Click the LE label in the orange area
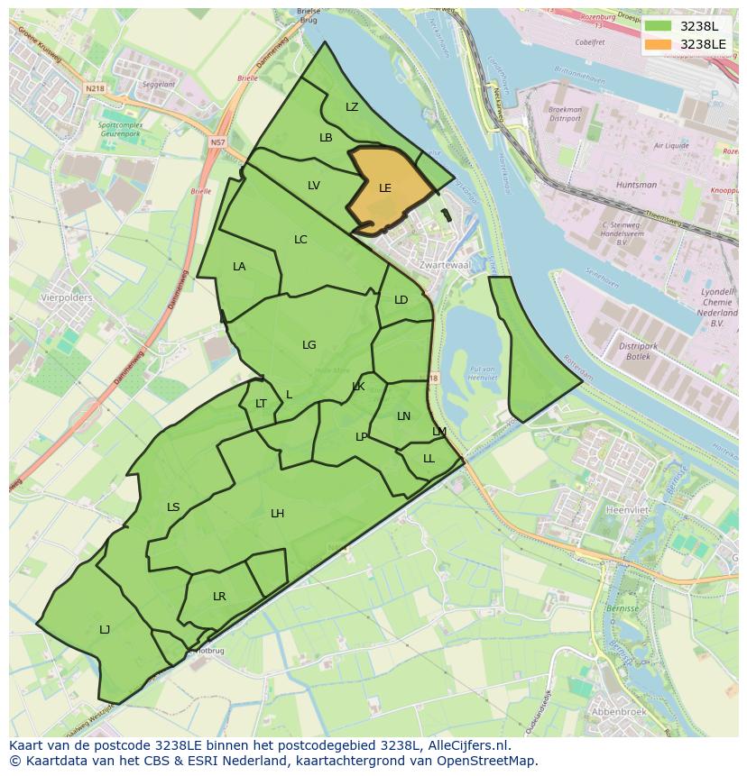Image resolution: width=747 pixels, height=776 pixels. coord(385,188)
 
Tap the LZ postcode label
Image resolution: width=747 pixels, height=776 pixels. coord(352,107)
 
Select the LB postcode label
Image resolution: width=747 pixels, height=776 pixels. coord(326,138)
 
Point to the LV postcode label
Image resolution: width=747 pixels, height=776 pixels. coord(313,186)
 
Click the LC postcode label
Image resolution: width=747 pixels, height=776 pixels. coord(300,240)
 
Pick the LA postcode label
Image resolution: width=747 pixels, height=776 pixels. coord(239,267)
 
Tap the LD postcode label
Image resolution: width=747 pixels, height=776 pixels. coord(401,300)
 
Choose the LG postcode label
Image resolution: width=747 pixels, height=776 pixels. coord(309,345)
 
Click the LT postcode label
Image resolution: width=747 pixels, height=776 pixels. coord(261,404)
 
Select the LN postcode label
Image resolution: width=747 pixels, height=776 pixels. coord(403,416)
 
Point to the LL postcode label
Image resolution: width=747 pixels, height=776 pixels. coord(429,459)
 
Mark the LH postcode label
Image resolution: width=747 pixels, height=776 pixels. coord(277,514)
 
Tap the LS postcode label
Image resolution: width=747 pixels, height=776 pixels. coord(173,507)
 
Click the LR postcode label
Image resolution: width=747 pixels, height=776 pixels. coord(219,597)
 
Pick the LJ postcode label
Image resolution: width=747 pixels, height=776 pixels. coord(105,630)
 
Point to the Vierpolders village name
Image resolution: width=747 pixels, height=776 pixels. coord(66,297)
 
